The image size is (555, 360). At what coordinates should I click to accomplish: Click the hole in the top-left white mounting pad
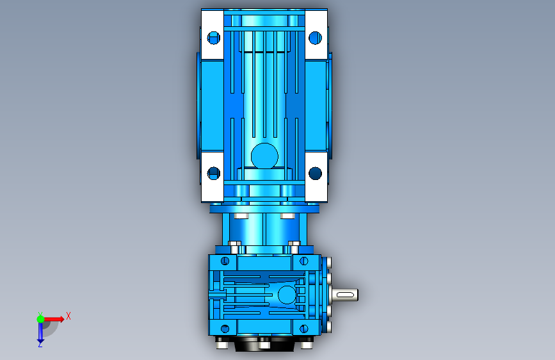pyautogui.click(x=213, y=38)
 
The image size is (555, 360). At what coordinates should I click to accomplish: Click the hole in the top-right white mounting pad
pyautogui.click(x=315, y=38)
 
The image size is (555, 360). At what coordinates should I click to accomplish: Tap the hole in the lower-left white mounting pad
pyautogui.click(x=213, y=173)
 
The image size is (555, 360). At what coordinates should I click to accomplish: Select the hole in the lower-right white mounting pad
pyautogui.click(x=315, y=173)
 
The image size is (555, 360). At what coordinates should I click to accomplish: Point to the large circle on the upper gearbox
pyautogui.click(x=264, y=156)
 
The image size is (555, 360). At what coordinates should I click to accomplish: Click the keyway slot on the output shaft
pyautogui.click(x=346, y=295)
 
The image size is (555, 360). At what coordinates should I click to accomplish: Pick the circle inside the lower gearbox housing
pyautogui.click(x=287, y=295)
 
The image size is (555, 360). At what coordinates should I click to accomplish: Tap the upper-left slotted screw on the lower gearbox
pyautogui.click(x=225, y=261)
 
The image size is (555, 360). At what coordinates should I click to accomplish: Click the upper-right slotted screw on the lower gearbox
pyautogui.click(x=303, y=261)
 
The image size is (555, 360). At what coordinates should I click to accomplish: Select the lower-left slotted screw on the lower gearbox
pyautogui.click(x=225, y=329)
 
